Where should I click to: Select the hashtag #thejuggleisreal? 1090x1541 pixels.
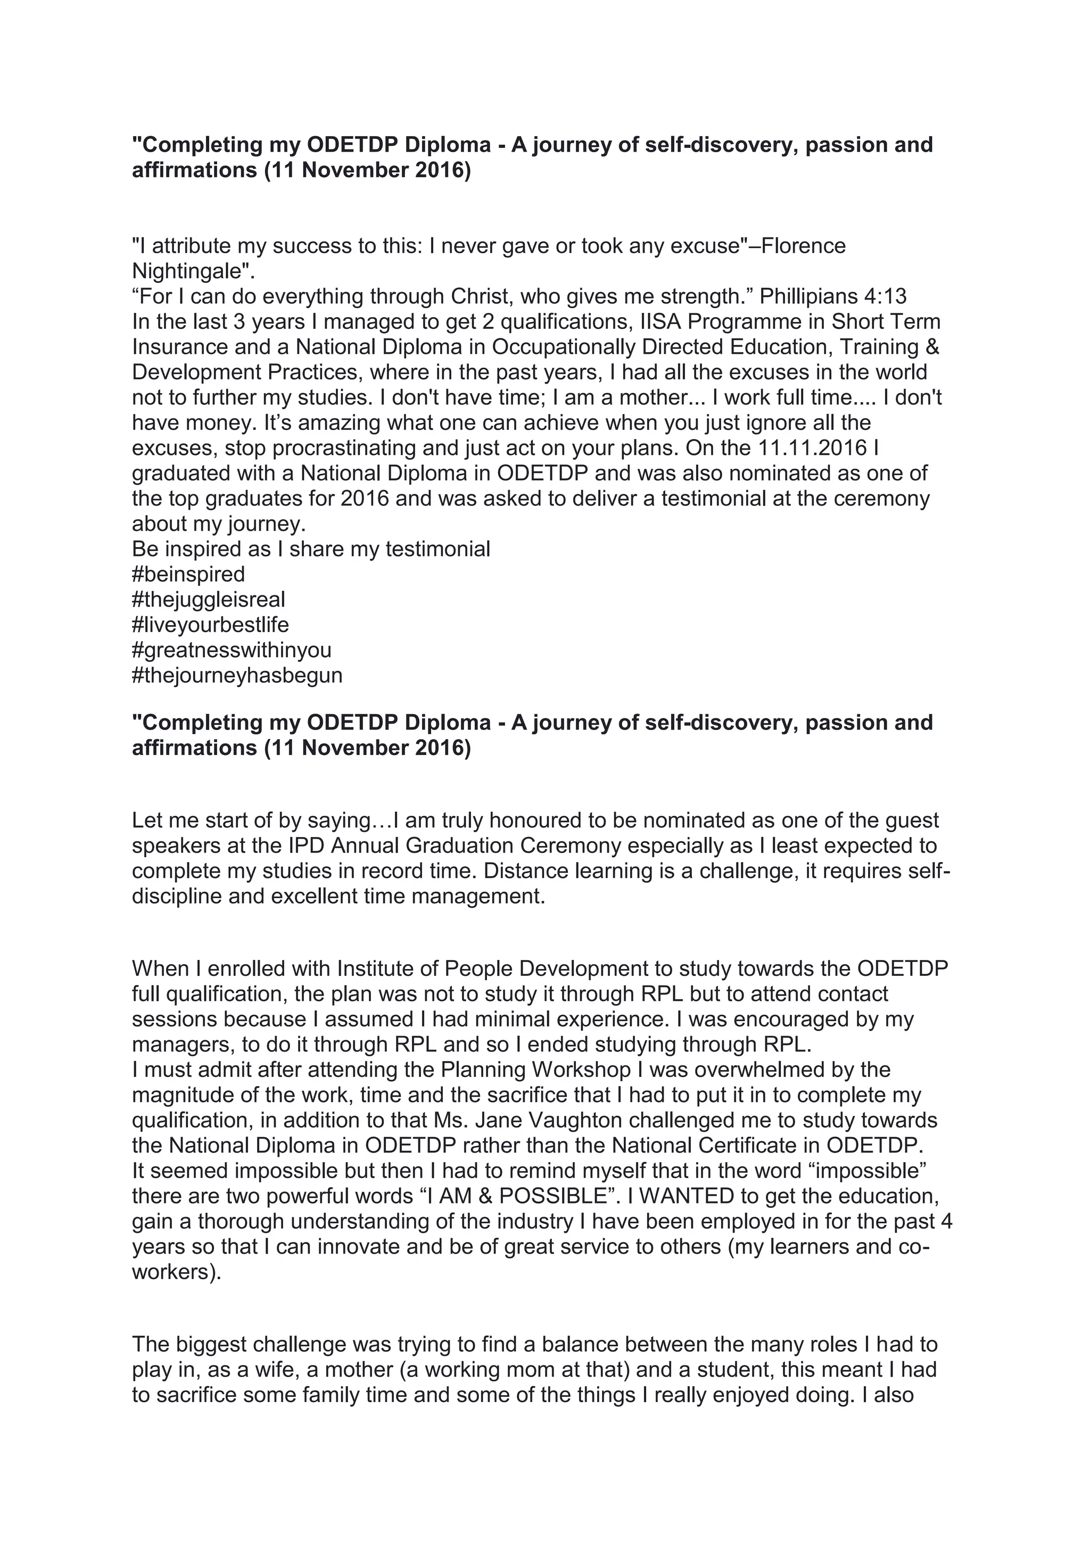click(x=209, y=599)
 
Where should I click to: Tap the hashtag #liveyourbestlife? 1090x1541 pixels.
click(x=210, y=625)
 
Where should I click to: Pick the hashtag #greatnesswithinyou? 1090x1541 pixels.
click(x=232, y=650)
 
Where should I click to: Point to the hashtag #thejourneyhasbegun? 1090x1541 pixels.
click(x=237, y=675)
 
